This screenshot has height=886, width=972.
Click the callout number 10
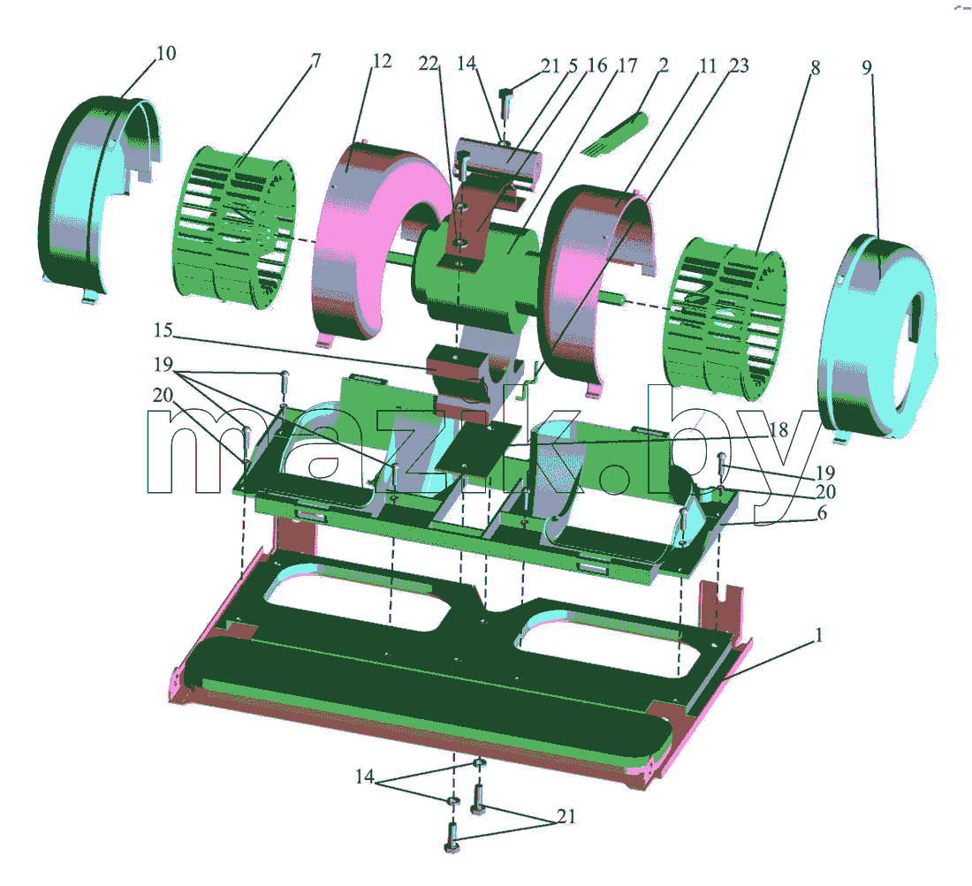click(x=166, y=53)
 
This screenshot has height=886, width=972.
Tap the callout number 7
click(x=316, y=61)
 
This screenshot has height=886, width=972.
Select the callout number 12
click(x=382, y=61)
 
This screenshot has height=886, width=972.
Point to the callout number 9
click(x=867, y=67)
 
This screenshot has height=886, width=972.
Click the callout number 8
click(x=816, y=67)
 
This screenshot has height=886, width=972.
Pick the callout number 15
click(x=163, y=329)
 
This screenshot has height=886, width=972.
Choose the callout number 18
click(x=779, y=428)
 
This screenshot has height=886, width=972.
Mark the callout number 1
click(x=819, y=635)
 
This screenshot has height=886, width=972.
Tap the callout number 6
click(x=822, y=512)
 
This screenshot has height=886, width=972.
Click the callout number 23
click(x=739, y=65)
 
